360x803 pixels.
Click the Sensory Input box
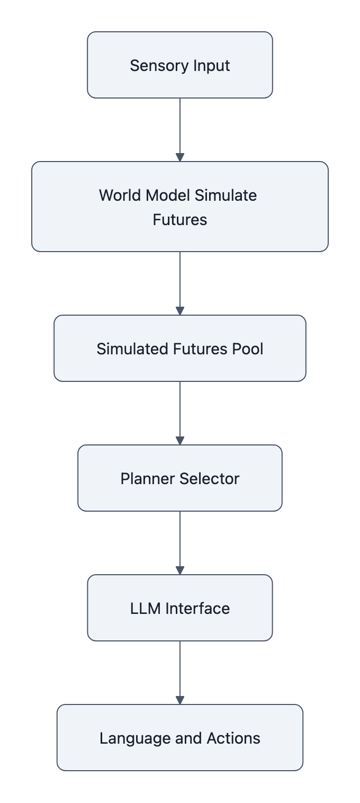click(180, 65)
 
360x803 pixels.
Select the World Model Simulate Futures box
click(180, 207)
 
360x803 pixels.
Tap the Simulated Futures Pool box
click(180, 349)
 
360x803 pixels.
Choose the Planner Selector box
click(180, 478)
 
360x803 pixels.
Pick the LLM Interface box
click(180, 608)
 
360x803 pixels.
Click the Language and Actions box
click(180, 738)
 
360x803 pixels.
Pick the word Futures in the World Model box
click(180, 219)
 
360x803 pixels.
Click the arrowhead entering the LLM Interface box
click(180, 570)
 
